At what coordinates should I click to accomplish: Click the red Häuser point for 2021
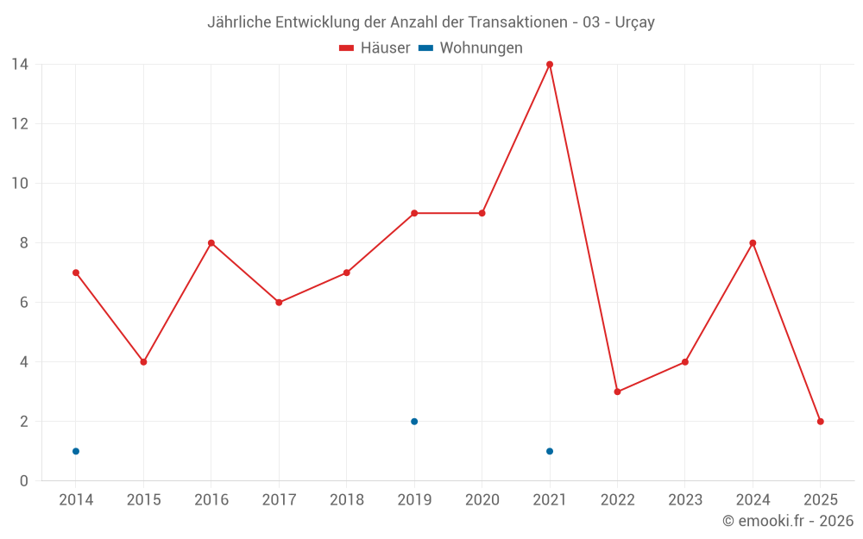pos(550,65)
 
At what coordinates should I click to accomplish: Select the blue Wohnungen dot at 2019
pos(414,422)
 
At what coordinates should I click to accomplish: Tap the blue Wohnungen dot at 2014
pos(76,451)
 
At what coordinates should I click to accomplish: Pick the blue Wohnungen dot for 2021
pos(550,451)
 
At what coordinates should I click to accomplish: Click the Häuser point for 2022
pos(617,392)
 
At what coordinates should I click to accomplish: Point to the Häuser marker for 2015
pos(143,362)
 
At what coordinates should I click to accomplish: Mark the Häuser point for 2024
pos(753,243)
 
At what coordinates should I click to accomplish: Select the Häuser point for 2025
pos(821,422)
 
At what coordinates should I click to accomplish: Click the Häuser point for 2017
pos(279,303)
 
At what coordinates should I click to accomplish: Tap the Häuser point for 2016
pos(211,243)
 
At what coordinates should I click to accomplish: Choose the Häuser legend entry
pos(375,48)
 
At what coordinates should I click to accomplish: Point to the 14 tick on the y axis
pos(20,65)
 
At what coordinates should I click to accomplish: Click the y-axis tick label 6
pos(24,303)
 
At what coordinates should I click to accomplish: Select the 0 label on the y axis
pos(24,481)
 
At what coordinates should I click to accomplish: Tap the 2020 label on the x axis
pos(482,500)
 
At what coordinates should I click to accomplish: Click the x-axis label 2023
pos(685,500)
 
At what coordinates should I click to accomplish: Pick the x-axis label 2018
pos(347,500)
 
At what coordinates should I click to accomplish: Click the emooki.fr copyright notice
pos(788,521)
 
